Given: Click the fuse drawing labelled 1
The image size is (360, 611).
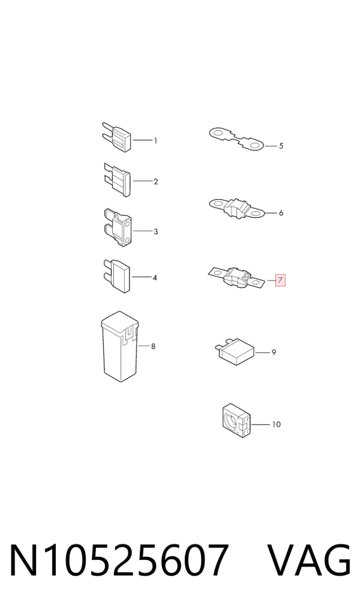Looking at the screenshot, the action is (118, 137).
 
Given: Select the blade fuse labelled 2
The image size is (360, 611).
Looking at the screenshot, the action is (118, 179).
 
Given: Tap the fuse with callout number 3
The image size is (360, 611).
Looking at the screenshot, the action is (118, 227).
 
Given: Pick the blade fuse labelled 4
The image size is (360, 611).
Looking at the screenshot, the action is (118, 276).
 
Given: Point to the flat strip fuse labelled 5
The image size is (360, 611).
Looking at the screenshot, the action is (236, 139).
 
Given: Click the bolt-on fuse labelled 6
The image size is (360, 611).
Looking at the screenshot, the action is (237, 208).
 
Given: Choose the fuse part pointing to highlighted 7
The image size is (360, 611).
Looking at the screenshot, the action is (237, 277).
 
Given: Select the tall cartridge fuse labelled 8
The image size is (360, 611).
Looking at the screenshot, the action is (120, 346).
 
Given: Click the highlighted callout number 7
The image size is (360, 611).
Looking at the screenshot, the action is (281, 280).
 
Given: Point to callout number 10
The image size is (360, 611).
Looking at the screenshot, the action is (276, 424).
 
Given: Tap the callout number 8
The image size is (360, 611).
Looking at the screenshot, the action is (153, 346).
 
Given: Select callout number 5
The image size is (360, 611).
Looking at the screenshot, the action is (281, 146).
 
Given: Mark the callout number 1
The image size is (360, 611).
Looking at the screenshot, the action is (155, 140).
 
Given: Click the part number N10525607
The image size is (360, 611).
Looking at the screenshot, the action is (118, 561).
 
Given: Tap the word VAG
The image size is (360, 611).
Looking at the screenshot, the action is (310, 561).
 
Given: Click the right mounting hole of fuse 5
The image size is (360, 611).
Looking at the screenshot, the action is (255, 146).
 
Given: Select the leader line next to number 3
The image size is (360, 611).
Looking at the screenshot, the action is (143, 232).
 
